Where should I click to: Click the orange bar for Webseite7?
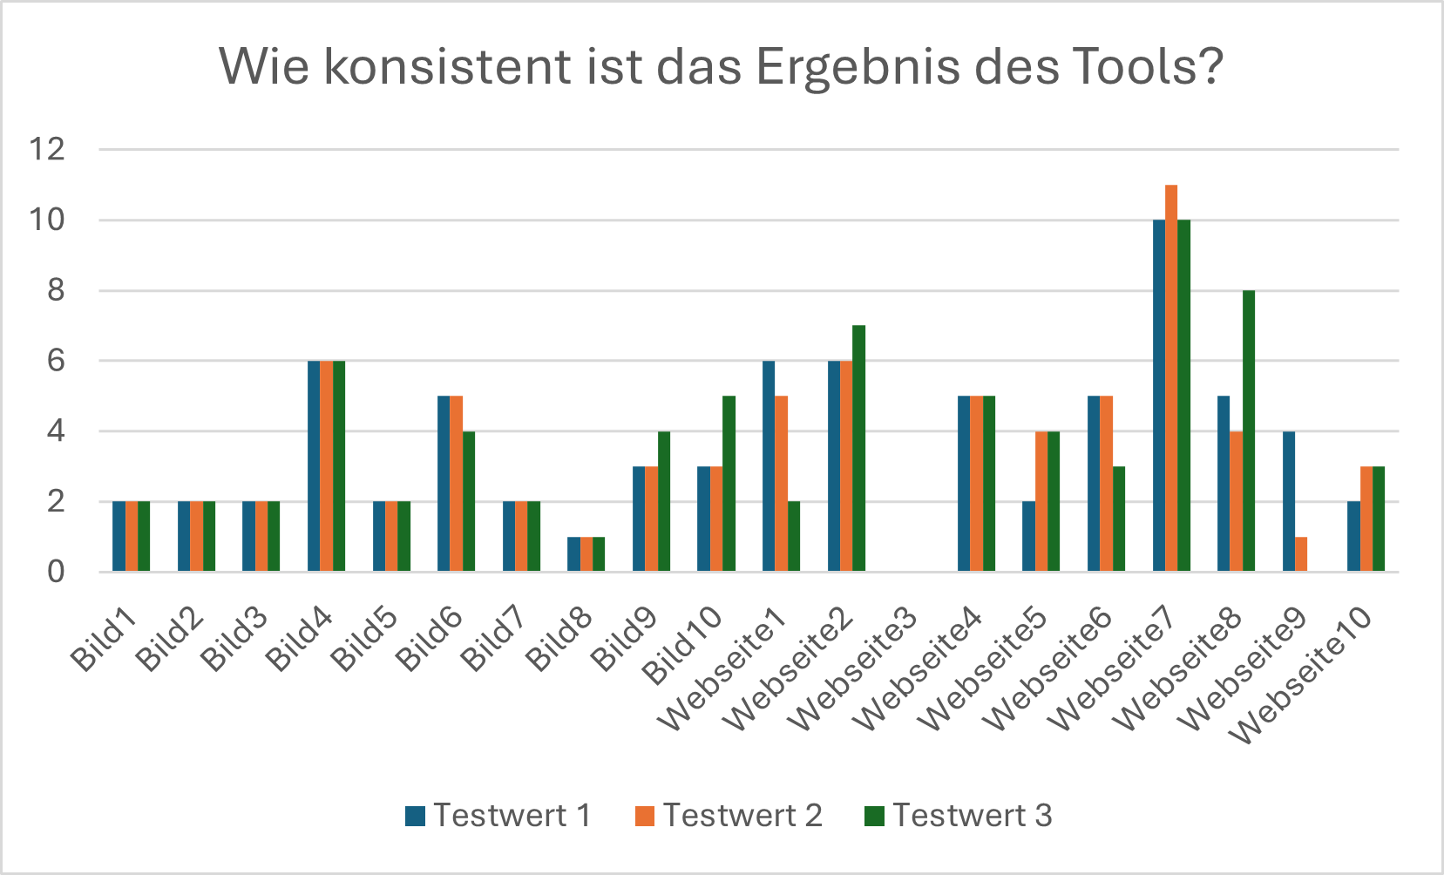click(x=1171, y=378)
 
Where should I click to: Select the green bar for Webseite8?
click(x=1249, y=431)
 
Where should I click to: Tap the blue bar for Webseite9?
click(x=1289, y=501)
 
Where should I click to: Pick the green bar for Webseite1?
click(x=794, y=537)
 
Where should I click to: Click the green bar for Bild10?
click(x=729, y=484)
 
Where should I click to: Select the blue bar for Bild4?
click(x=314, y=466)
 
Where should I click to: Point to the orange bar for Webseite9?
click(x=1301, y=554)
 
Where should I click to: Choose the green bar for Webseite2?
click(x=859, y=449)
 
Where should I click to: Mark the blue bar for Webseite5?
click(x=1029, y=537)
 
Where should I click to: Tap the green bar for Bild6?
click(x=469, y=501)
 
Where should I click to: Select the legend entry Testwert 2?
click(x=729, y=816)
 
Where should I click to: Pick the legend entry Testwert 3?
click(x=959, y=816)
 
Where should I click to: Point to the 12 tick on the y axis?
click(x=47, y=149)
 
